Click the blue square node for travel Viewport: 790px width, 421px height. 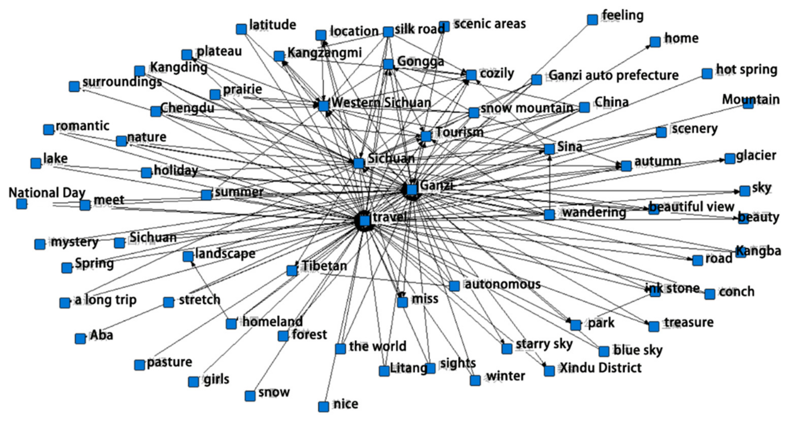tap(365, 221)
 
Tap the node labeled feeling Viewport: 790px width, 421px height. tap(592, 20)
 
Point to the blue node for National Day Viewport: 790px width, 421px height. tap(21, 204)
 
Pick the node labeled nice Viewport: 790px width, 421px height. tap(324, 407)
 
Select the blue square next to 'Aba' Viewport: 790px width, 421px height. tap(80, 339)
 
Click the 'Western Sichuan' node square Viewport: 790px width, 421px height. tap(324, 106)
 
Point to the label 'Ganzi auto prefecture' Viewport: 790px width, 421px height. tap(613, 76)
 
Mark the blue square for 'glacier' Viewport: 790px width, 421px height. tap(730, 159)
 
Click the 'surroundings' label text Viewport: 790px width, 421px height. tap(122, 82)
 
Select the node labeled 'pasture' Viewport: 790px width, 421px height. tap(140, 365)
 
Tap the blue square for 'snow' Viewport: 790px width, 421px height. tap(250, 396)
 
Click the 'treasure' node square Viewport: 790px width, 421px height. tap(654, 326)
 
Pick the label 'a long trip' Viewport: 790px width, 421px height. tap(105, 300)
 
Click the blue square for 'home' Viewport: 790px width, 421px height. tap(655, 42)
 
